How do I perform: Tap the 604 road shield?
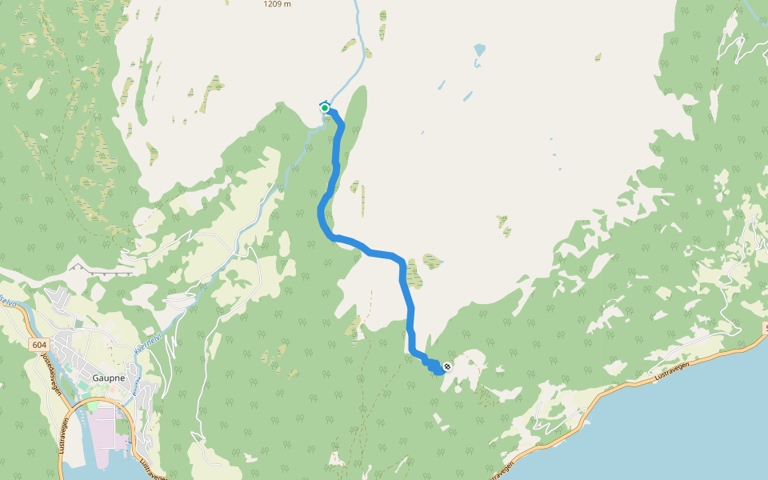pyautogui.click(x=40, y=344)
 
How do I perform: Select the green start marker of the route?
pyautogui.click(x=325, y=108)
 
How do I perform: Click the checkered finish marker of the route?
pyautogui.click(x=447, y=367)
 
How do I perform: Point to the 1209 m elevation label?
pyautogui.click(x=277, y=4)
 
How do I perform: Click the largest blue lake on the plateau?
pyautogui.click(x=479, y=50)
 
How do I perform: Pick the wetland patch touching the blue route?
pyautogui.click(x=413, y=273)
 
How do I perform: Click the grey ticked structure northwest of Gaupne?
pyautogui.click(x=102, y=270)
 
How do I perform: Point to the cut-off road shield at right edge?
pyautogui.click(x=764, y=329)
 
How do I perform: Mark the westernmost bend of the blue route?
pyautogui.click(x=321, y=211)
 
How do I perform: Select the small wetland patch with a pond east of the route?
pyautogui.click(x=433, y=260)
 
